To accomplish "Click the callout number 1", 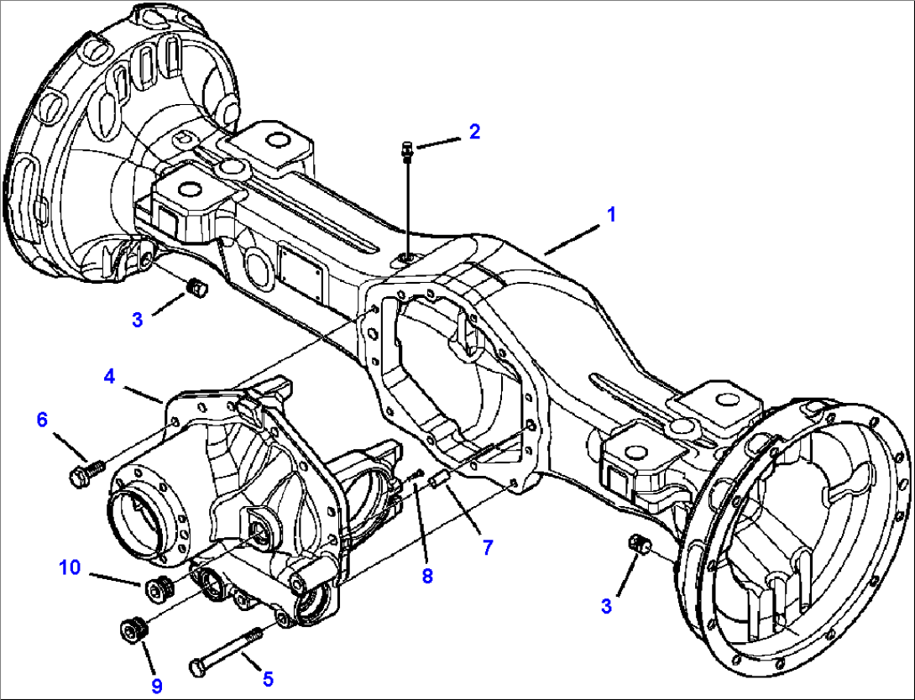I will (x=612, y=215).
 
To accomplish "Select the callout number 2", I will (x=474, y=132).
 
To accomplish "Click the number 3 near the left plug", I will (x=138, y=320).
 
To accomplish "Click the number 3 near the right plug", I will (x=607, y=606).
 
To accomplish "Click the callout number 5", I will (x=269, y=678).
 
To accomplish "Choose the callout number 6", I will (x=42, y=419).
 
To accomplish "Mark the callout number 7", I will (x=488, y=548).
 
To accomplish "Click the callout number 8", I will (x=427, y=577).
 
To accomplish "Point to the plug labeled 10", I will (x=157, y=588).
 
